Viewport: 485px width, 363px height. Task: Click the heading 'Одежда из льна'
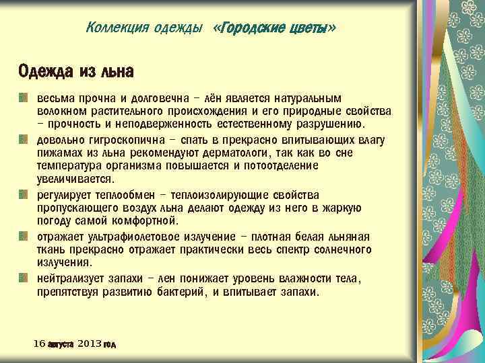(75, 71)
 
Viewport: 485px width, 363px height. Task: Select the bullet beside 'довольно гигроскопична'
(24, 138)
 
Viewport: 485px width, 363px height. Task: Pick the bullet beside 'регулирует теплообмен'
(24, 195)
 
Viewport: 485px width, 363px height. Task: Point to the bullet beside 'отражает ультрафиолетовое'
(24, 236)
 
